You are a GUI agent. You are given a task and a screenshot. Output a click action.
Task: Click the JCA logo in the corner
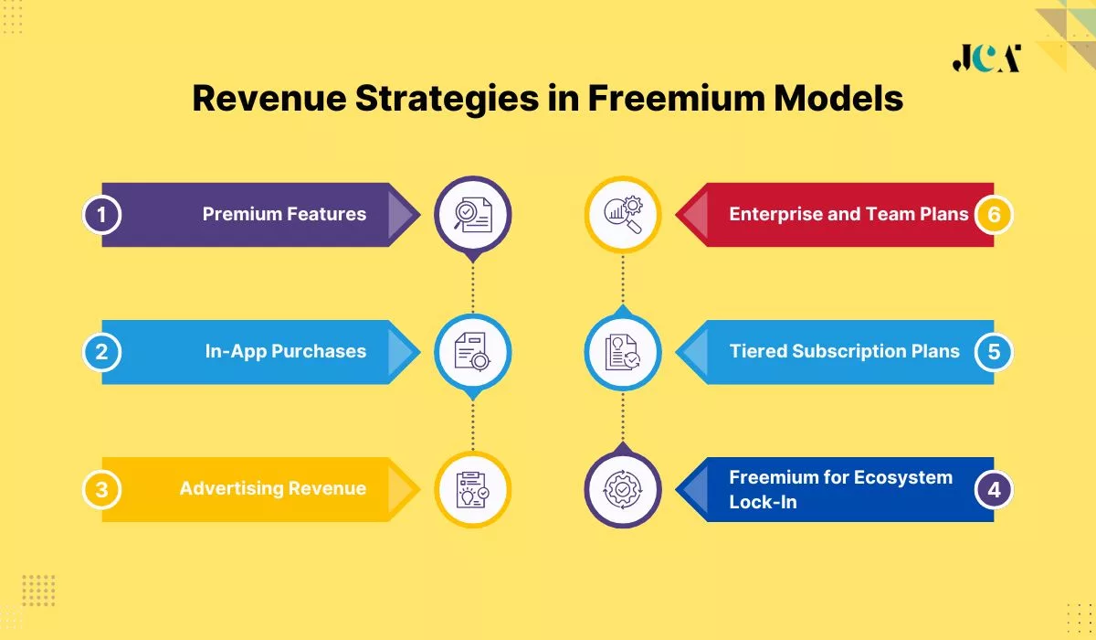[x=985, y=58]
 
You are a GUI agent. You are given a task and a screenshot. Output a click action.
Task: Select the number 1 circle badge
[x=102, y=215]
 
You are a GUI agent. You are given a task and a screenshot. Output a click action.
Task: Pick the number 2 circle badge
[x=102, y=352]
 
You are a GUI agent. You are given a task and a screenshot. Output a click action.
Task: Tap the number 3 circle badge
[x=102, y=489]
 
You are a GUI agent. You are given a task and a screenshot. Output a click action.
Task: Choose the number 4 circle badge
[x=994, y=489]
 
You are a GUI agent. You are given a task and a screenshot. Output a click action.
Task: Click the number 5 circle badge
[x=994, y=352]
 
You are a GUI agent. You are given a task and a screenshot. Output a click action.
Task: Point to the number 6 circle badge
[x=994, y=215]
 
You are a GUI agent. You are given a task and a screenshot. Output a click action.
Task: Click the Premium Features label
[x=284, y=215]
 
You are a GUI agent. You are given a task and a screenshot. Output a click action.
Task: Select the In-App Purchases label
[x=285, y=352]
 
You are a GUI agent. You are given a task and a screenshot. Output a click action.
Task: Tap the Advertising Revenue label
[x=272, y=489]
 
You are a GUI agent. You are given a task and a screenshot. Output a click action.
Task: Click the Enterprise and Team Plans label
[x=848, y=215]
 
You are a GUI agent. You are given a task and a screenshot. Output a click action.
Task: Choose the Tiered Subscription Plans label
[x=844, y=352]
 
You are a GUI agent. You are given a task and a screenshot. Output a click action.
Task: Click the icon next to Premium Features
[x=472, y=215]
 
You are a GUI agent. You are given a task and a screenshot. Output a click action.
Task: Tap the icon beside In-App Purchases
[x=472, y=351]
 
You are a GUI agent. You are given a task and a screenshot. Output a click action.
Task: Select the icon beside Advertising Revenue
[x=472, y=490]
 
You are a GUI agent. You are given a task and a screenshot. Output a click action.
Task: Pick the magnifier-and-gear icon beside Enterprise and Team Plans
[x=623, y=215]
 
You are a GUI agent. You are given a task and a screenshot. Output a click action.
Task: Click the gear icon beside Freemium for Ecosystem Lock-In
[x=623, y=489]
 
